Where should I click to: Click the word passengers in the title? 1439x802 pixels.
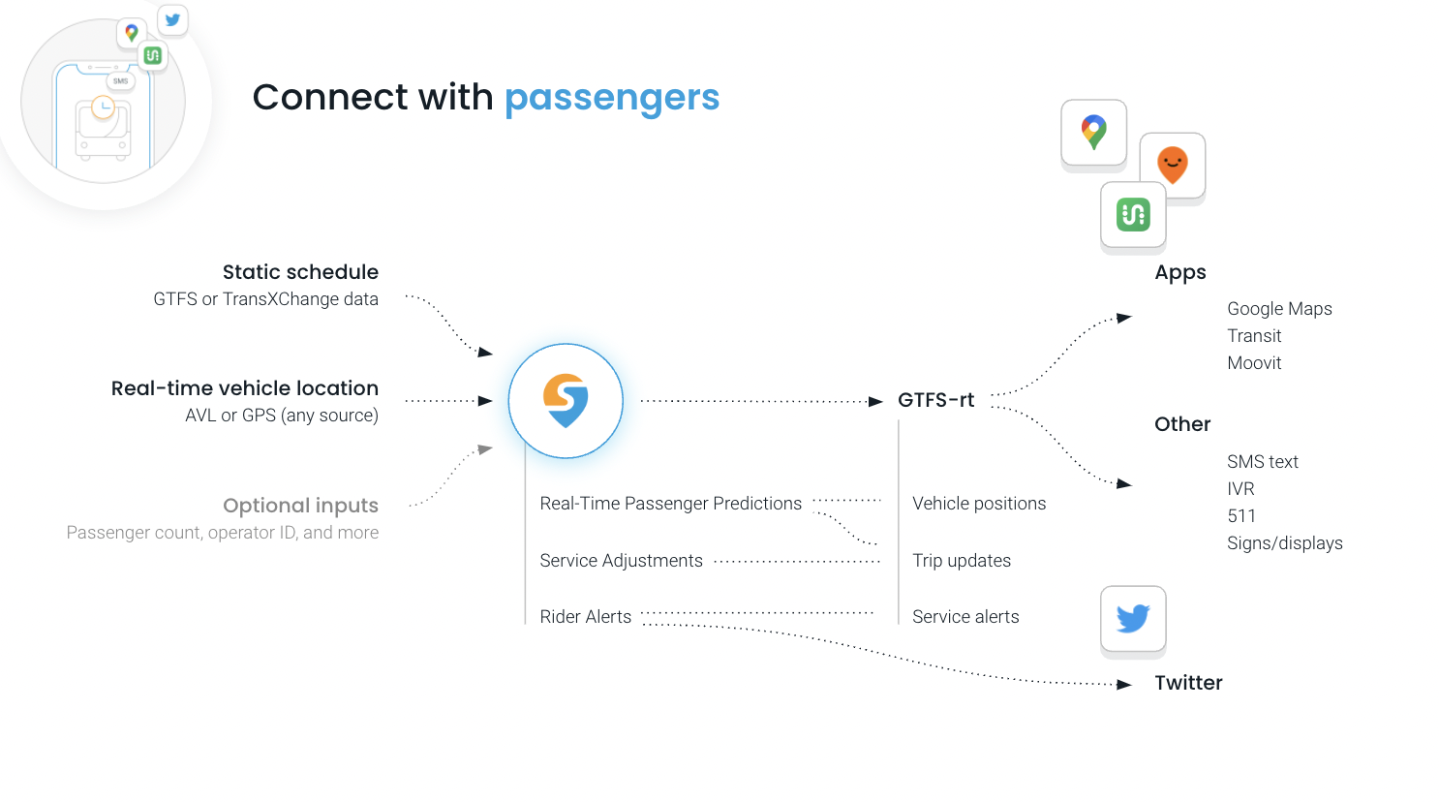pos(611,98)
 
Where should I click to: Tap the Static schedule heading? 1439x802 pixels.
pos(300,272)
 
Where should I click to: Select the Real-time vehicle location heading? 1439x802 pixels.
pos(244,388)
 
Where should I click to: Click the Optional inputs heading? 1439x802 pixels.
pos(300,506)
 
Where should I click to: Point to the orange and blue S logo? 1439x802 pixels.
pos(566,401)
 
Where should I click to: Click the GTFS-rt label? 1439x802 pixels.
pos(935,400)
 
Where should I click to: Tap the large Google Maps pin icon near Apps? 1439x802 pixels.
pos(1093,132)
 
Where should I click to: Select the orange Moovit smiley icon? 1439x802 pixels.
pos(1172,165)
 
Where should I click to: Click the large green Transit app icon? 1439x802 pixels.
pos(1133,214)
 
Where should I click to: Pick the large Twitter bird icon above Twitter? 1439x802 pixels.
pos(1133,618)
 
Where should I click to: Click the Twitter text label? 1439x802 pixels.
pos(1188,683)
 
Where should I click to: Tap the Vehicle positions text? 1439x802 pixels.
pos(979,504)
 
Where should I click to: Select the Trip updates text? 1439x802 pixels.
pos(962,561)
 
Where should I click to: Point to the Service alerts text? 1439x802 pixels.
pos(965,617)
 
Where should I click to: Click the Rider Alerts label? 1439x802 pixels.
pos(585,617)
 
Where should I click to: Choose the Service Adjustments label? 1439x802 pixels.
pos(621,561)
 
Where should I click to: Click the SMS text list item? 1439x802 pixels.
pos(1262,462)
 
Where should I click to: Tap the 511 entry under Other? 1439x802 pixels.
pos(1240,516)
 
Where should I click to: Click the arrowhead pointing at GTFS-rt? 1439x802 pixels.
pos(875,401)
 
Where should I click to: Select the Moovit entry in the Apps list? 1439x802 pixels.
pos(1254,363)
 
